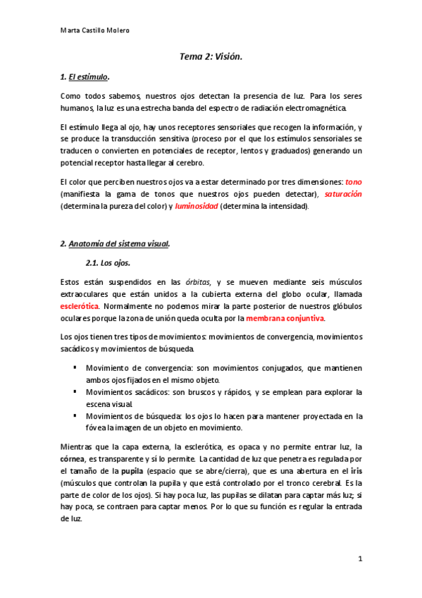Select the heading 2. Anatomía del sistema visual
pyautogui.click(x=115, y=244)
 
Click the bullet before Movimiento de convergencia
pyautogui.click(x=75, y=367)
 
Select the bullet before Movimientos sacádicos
pyautogui.click(x=75, y=391)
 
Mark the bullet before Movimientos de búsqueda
pyautogui.click(x=75, y=415)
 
